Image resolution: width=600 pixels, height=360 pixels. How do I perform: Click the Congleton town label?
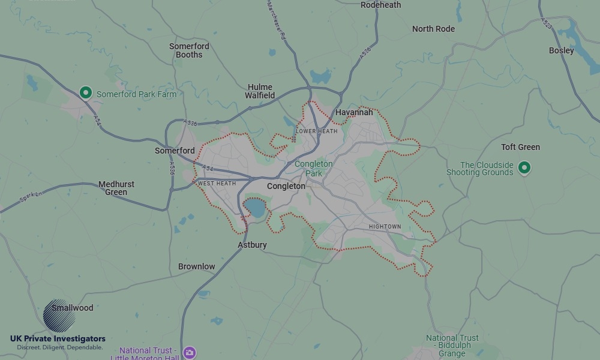(286, 186)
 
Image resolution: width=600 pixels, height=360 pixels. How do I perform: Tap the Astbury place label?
(252, 245)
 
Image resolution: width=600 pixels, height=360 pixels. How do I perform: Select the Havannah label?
(354, 112)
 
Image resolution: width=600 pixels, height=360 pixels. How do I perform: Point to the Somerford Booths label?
(189, 50)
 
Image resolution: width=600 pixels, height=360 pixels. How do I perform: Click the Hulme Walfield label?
(260, 91)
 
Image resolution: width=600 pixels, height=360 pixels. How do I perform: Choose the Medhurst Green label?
(116, 188)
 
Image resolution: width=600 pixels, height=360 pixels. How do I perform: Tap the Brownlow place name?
(196, 266)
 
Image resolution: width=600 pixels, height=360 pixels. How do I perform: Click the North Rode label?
(433, 29)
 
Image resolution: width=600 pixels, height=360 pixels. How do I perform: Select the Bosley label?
(562, 50)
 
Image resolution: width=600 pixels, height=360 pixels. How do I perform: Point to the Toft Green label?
(520, 147)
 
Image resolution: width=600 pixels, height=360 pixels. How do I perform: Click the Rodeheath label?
(380, 5)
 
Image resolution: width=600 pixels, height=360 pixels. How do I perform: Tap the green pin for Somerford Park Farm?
(86, 92)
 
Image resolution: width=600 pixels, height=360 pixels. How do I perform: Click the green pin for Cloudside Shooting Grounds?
(524, 167)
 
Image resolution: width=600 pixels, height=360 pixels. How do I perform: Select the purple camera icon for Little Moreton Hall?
(190, 352)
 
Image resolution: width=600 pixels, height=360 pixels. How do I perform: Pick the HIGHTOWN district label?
(385, 227)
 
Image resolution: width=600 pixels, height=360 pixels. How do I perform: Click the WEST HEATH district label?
(217, 184)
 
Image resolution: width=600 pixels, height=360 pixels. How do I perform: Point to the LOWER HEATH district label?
(317, 131)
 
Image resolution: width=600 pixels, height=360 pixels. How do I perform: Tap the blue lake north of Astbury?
(254, 208)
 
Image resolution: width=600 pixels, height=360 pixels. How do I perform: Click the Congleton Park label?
(313, 169)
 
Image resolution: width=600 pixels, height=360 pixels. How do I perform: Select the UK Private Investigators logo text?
(58, 339)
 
